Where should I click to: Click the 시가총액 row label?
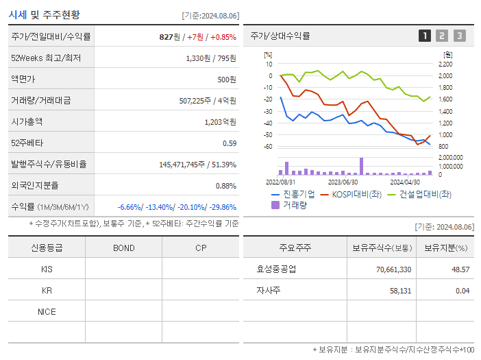pos(27,121)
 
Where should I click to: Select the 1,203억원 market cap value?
pos(220,121)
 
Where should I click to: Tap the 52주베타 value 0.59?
pos(230,143)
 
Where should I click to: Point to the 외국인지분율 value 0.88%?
pos(225,186)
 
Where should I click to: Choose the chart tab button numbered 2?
pos(442,36)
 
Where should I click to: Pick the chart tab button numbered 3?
pos(459,36)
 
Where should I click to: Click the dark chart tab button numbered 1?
pos(425,36)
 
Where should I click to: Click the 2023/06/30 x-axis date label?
pos(343,182)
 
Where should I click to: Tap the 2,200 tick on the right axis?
pos(445,64)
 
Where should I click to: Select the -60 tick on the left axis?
pos(269,147)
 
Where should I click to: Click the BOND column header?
pos(123,248)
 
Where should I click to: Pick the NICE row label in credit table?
pos(47,311)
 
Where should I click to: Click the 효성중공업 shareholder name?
pos(273,269)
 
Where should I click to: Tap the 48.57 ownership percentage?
pos(460,269)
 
